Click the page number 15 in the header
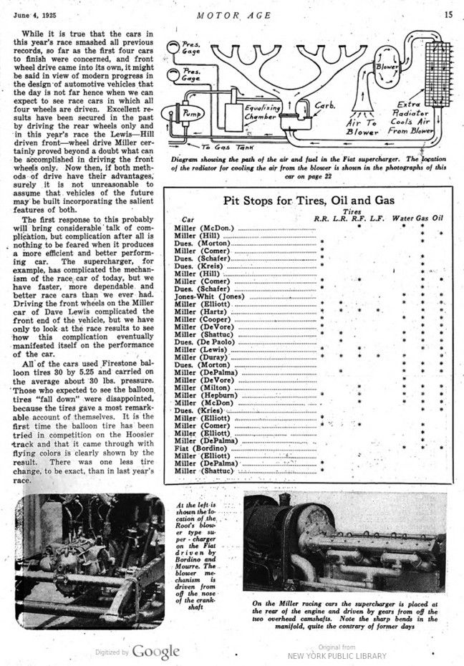pyautogui.click(x=448, y=13)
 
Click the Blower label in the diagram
pyautogui.click(x=388, y=67)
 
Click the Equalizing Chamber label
pyautogui.click(x=264, y=111)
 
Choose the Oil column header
pyautogui.click(x=438, y=218)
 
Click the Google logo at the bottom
pyautogui.click(x=155, y=651)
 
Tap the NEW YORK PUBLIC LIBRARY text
pyautogui.click(x=337, y=655)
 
